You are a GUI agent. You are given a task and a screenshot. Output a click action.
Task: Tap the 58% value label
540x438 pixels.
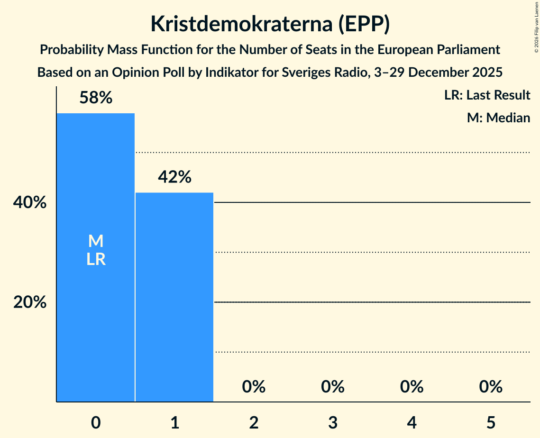coord(96,98)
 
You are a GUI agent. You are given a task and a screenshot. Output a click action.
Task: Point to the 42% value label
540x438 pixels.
coord(174,177)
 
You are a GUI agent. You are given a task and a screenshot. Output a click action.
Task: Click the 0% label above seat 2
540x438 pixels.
coord(254,387)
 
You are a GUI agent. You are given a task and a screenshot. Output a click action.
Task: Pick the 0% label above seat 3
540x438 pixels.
coord(332,387)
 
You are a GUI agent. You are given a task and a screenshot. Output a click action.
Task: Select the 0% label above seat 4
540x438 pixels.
coord(412,387)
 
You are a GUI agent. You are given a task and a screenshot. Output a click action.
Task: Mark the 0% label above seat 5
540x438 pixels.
coord(490,387)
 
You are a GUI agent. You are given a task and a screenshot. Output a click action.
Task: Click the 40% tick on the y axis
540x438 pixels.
coord(30,203)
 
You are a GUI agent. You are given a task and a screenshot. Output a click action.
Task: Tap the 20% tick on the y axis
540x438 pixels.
coord(30,302)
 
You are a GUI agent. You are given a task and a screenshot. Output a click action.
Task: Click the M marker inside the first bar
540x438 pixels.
coord(96,241)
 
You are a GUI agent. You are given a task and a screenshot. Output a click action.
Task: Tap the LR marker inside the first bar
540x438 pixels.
coord(96,259)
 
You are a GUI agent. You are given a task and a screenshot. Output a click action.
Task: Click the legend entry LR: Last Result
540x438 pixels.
coord(487,95)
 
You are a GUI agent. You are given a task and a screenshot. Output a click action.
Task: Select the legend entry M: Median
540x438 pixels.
coord(498,118)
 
